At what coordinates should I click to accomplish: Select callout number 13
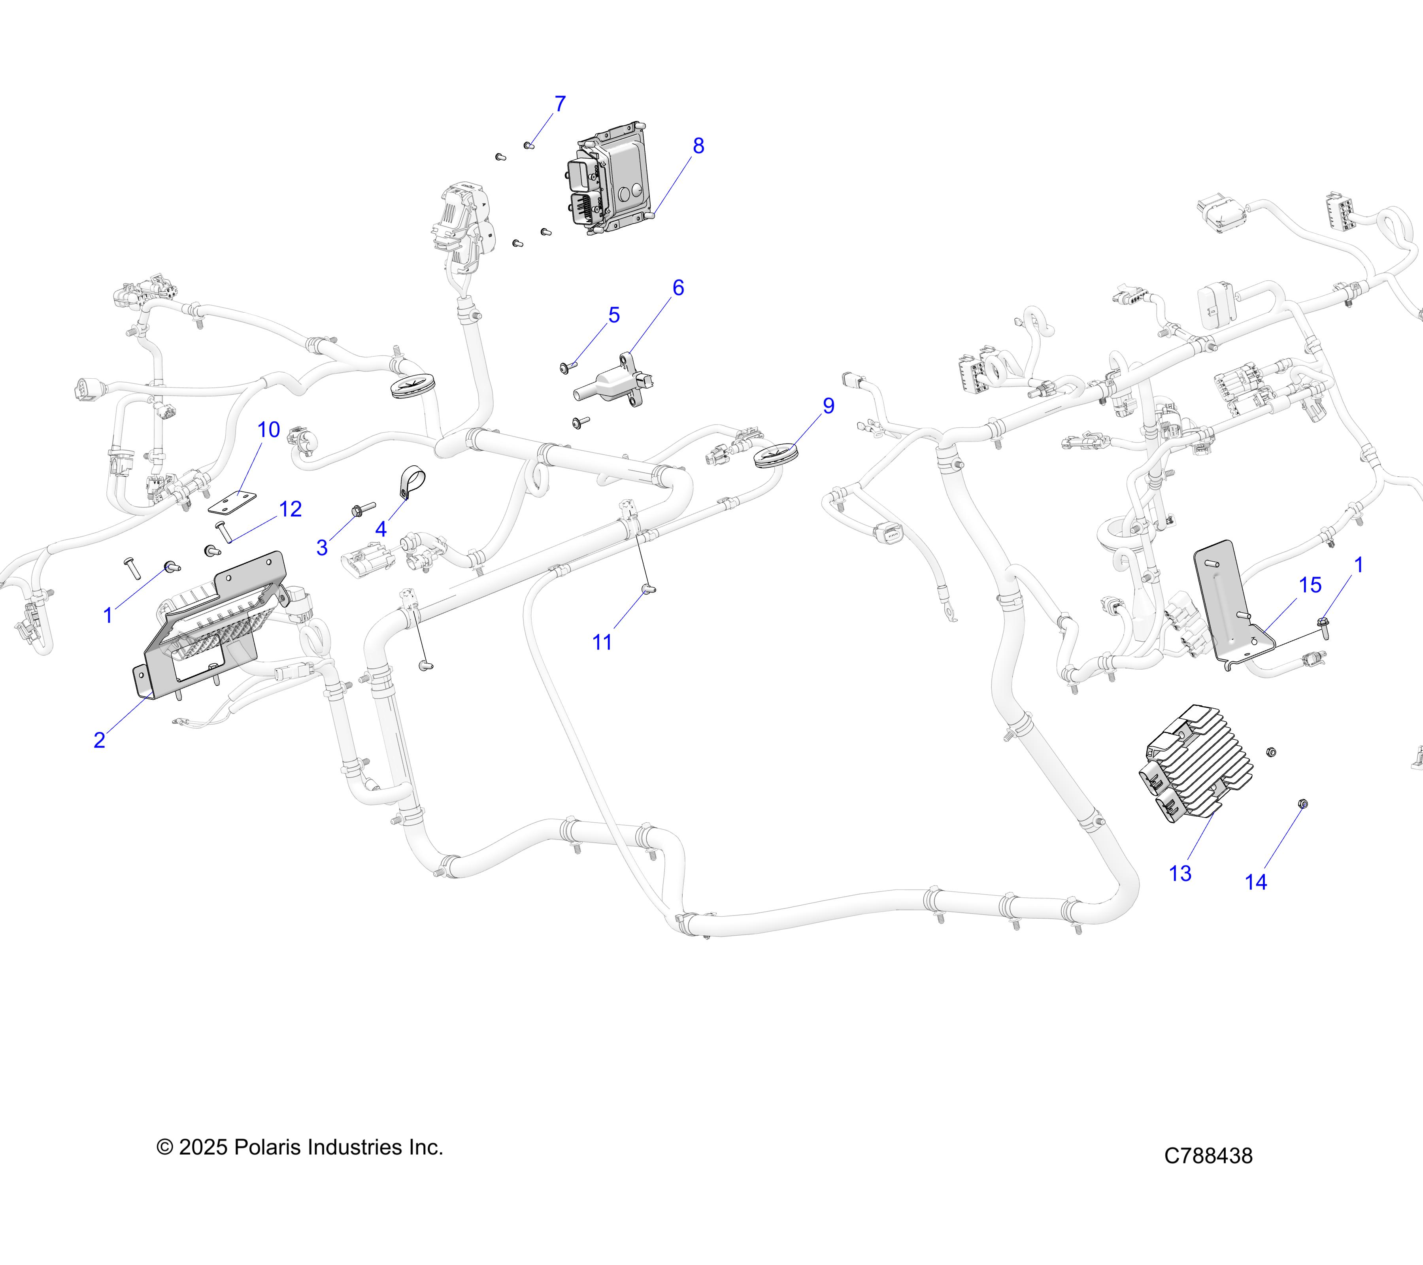pyautogui.click(x=1180, y=873)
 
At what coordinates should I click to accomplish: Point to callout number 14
pyautogui.click(x=1255, y=882)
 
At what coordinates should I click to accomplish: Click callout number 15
pyautogui.click(x=1310, y=585)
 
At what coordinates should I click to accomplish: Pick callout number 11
pyautogui.click(x=602, y=642)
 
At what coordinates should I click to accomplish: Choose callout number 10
pyautogui.click(x=269, y=430)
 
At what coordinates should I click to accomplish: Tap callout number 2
pyautogui.click(x=100, y=739)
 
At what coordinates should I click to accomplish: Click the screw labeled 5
pyautogui.click(x=567, y=366)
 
